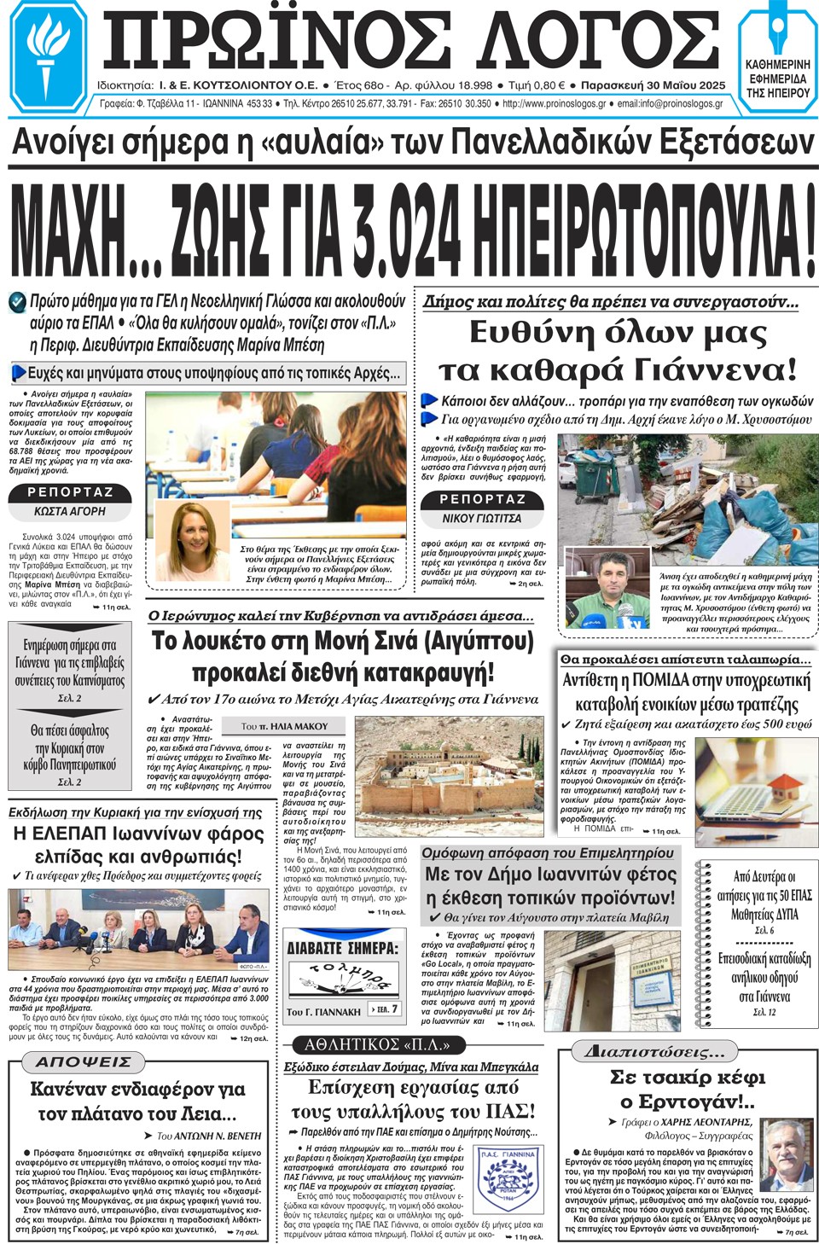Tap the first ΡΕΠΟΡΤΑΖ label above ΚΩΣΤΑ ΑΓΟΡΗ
pos(70,492)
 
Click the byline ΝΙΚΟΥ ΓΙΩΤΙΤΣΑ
pos(482,518)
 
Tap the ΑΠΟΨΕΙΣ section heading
pos(84,1061)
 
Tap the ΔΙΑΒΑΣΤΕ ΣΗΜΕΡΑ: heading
pos(343,948)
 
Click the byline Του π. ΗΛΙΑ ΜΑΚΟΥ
pos(284,726)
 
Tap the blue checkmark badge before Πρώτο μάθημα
pos(17,302)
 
